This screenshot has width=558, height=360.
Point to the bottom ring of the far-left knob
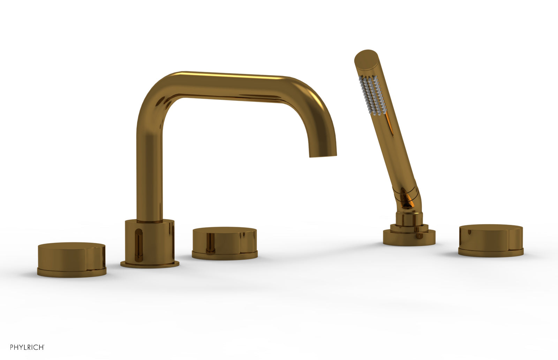tap(71, 271)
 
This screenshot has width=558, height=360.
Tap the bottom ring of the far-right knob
tap(490, 252)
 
